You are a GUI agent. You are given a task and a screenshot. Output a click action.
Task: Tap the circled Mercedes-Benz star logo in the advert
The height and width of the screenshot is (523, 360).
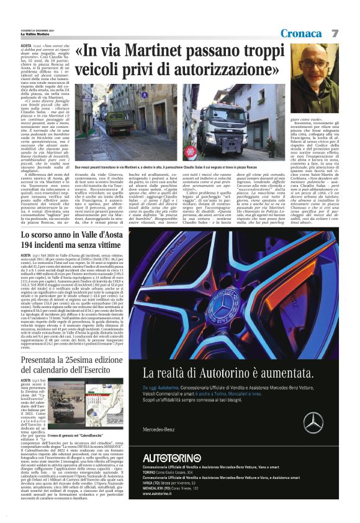(313, 422)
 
